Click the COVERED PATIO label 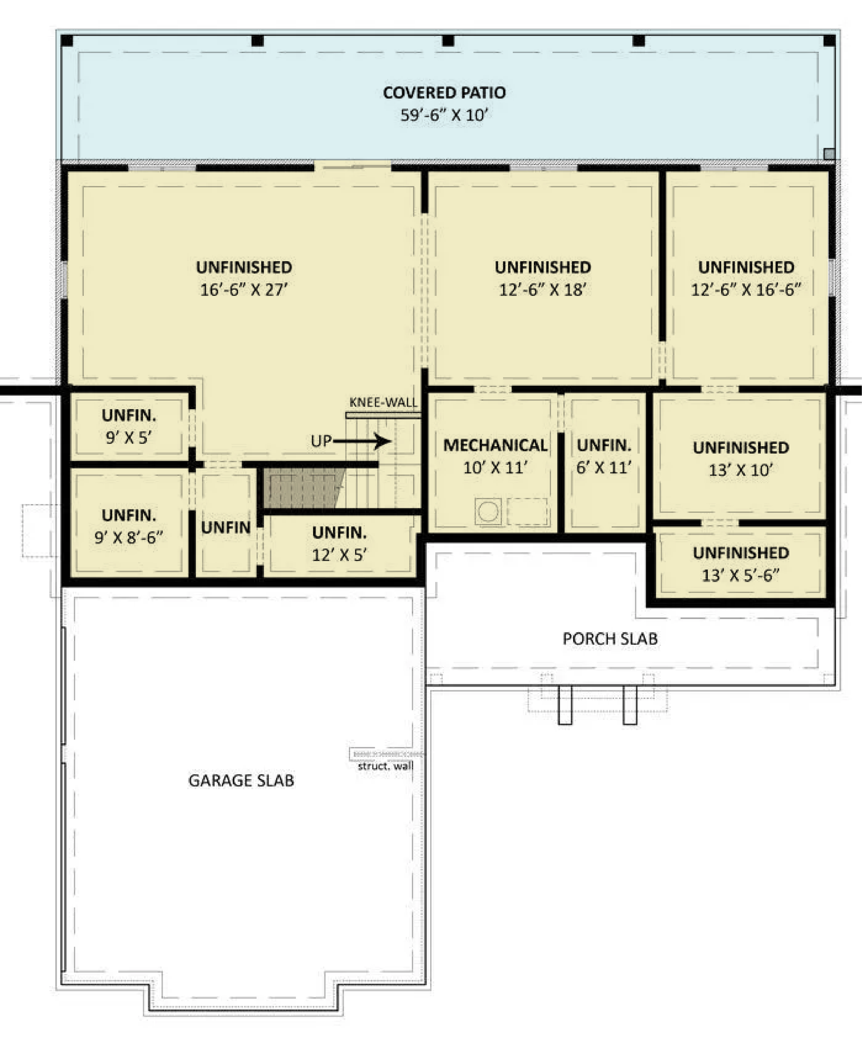tap(444, 92)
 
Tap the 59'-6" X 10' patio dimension tap(444, 115)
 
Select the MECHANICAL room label tap(495, 445)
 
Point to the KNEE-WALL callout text tap(384, 402)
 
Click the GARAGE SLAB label tap(241, 780)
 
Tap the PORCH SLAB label tap(610, 639)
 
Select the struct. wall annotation tap(385, 766)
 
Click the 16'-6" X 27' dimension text tap(244, 290)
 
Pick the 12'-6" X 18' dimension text tap(543, 290)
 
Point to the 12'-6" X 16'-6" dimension tap(746, 290)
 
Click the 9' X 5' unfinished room tap(129, 426)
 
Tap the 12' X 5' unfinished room tap(339, 543)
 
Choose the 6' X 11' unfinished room tap(604, 463)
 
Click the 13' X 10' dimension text tap(741, 470)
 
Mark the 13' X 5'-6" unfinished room tap(741, 563)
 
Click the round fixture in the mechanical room tap(489, 512)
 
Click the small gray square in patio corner tap(829, 154)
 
